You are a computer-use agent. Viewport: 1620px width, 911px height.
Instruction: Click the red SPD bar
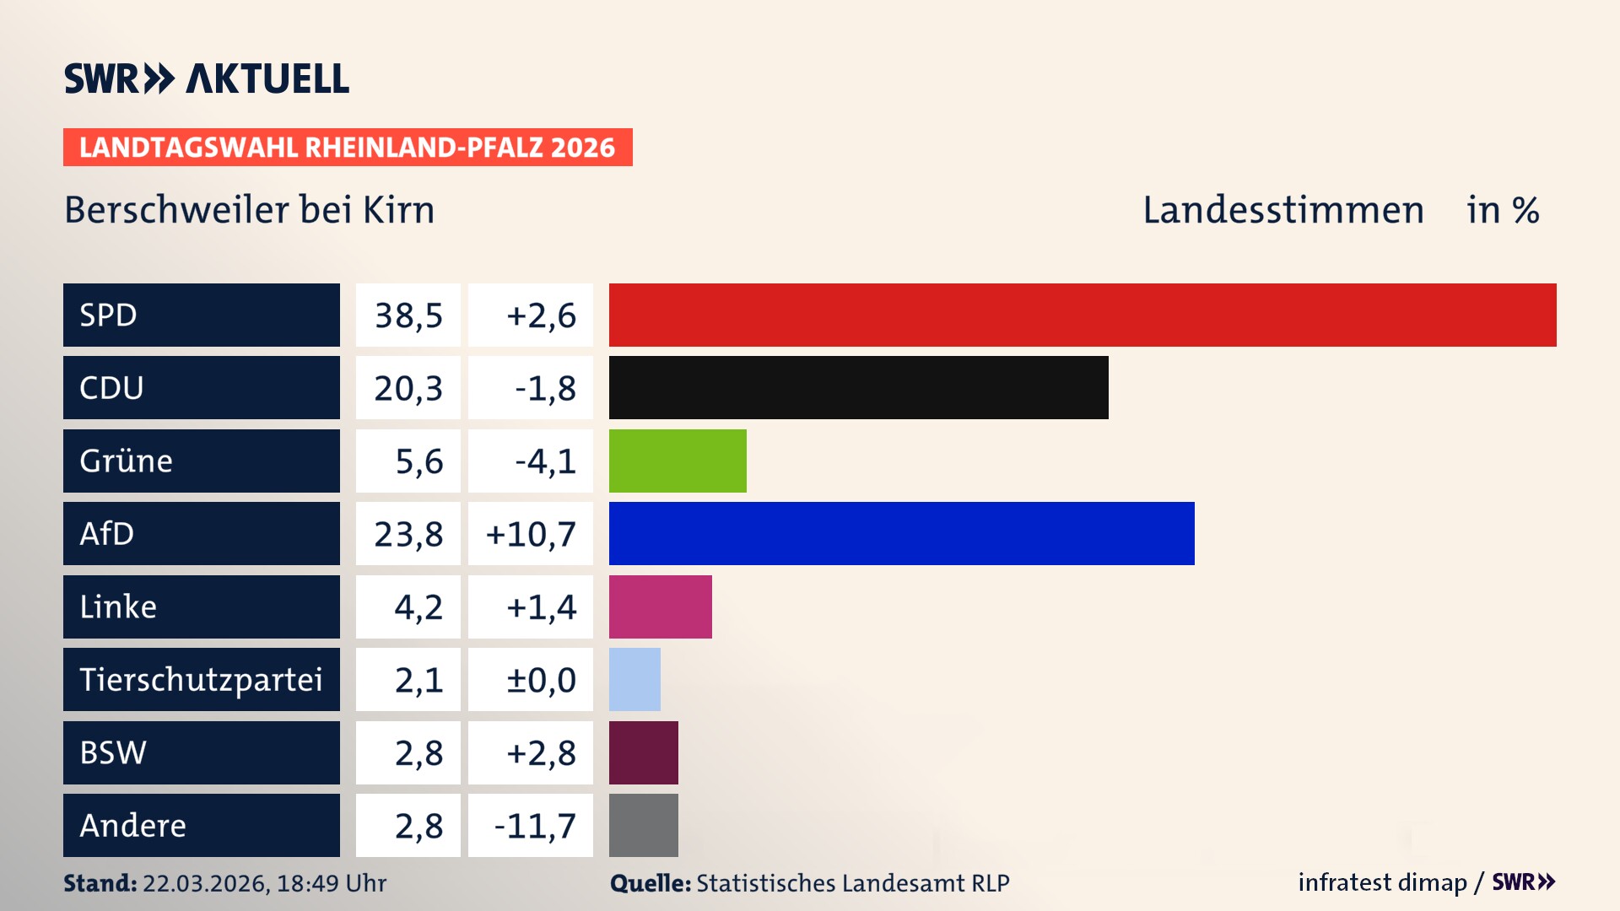pos(1083,315)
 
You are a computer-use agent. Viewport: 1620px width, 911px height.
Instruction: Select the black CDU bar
pos(858,387)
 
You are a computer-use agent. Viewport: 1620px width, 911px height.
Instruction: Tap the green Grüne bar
pos(678,461)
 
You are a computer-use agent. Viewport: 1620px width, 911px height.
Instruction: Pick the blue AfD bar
pos(901,533)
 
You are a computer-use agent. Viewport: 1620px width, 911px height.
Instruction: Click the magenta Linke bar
pos(660,606)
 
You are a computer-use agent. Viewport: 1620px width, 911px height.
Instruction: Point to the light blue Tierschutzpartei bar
pos(634,679)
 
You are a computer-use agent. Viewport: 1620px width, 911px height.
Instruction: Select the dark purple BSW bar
pos(643,752)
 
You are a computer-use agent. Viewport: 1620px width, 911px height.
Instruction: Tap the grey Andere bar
pos(643,825)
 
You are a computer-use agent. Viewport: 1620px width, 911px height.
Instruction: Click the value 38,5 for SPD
pos(408,315)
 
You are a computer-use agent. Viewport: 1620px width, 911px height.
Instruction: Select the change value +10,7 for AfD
pos(531,534)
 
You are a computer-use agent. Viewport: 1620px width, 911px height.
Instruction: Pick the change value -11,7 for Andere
pos(535,826)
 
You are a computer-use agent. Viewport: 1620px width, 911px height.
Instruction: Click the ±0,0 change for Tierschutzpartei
pos(541,680)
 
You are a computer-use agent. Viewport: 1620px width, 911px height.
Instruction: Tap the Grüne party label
pos(126,461)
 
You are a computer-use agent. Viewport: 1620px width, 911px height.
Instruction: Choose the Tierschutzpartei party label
pos(201,679)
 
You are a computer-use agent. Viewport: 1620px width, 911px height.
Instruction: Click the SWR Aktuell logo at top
pos(206,78)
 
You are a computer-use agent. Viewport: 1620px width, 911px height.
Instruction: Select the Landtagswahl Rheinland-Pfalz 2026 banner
pos(347,148)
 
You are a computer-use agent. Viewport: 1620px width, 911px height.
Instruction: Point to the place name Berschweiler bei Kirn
pos(249,210)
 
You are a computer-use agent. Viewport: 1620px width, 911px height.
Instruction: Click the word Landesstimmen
pos(1282,210)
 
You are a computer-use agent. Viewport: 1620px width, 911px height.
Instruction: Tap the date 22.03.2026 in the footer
pos(205,883)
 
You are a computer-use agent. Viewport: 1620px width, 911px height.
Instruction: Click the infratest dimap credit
pos(1381,882)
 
